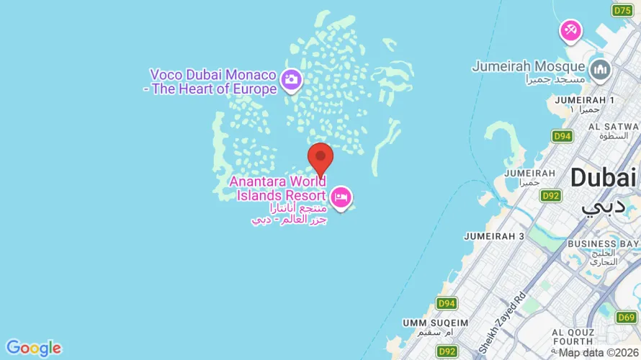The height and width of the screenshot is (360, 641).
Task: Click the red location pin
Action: coord(320,158)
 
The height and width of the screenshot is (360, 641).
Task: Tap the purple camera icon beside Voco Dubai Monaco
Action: coord(291,78)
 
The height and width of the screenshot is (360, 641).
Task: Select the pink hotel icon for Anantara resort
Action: coord(341,195)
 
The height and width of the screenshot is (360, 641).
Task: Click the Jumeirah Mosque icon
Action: coord(599,70)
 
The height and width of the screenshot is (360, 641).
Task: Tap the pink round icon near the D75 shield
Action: coord(571,30)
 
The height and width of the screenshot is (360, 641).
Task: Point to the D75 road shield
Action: coord(622,10)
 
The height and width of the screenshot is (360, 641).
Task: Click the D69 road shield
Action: coord(627,317)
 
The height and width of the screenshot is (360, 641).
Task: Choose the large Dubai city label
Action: coord(604,177)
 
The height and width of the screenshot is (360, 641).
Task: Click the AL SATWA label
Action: coord(614,126)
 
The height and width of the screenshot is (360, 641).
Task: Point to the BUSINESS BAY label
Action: coord(602,244)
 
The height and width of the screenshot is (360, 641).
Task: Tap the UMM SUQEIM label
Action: coord(436,322)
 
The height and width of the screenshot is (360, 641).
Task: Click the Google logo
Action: coord(33,348)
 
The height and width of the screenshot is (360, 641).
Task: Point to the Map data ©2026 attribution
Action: coord(599,353)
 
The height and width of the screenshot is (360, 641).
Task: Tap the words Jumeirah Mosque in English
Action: coord(529,66)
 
